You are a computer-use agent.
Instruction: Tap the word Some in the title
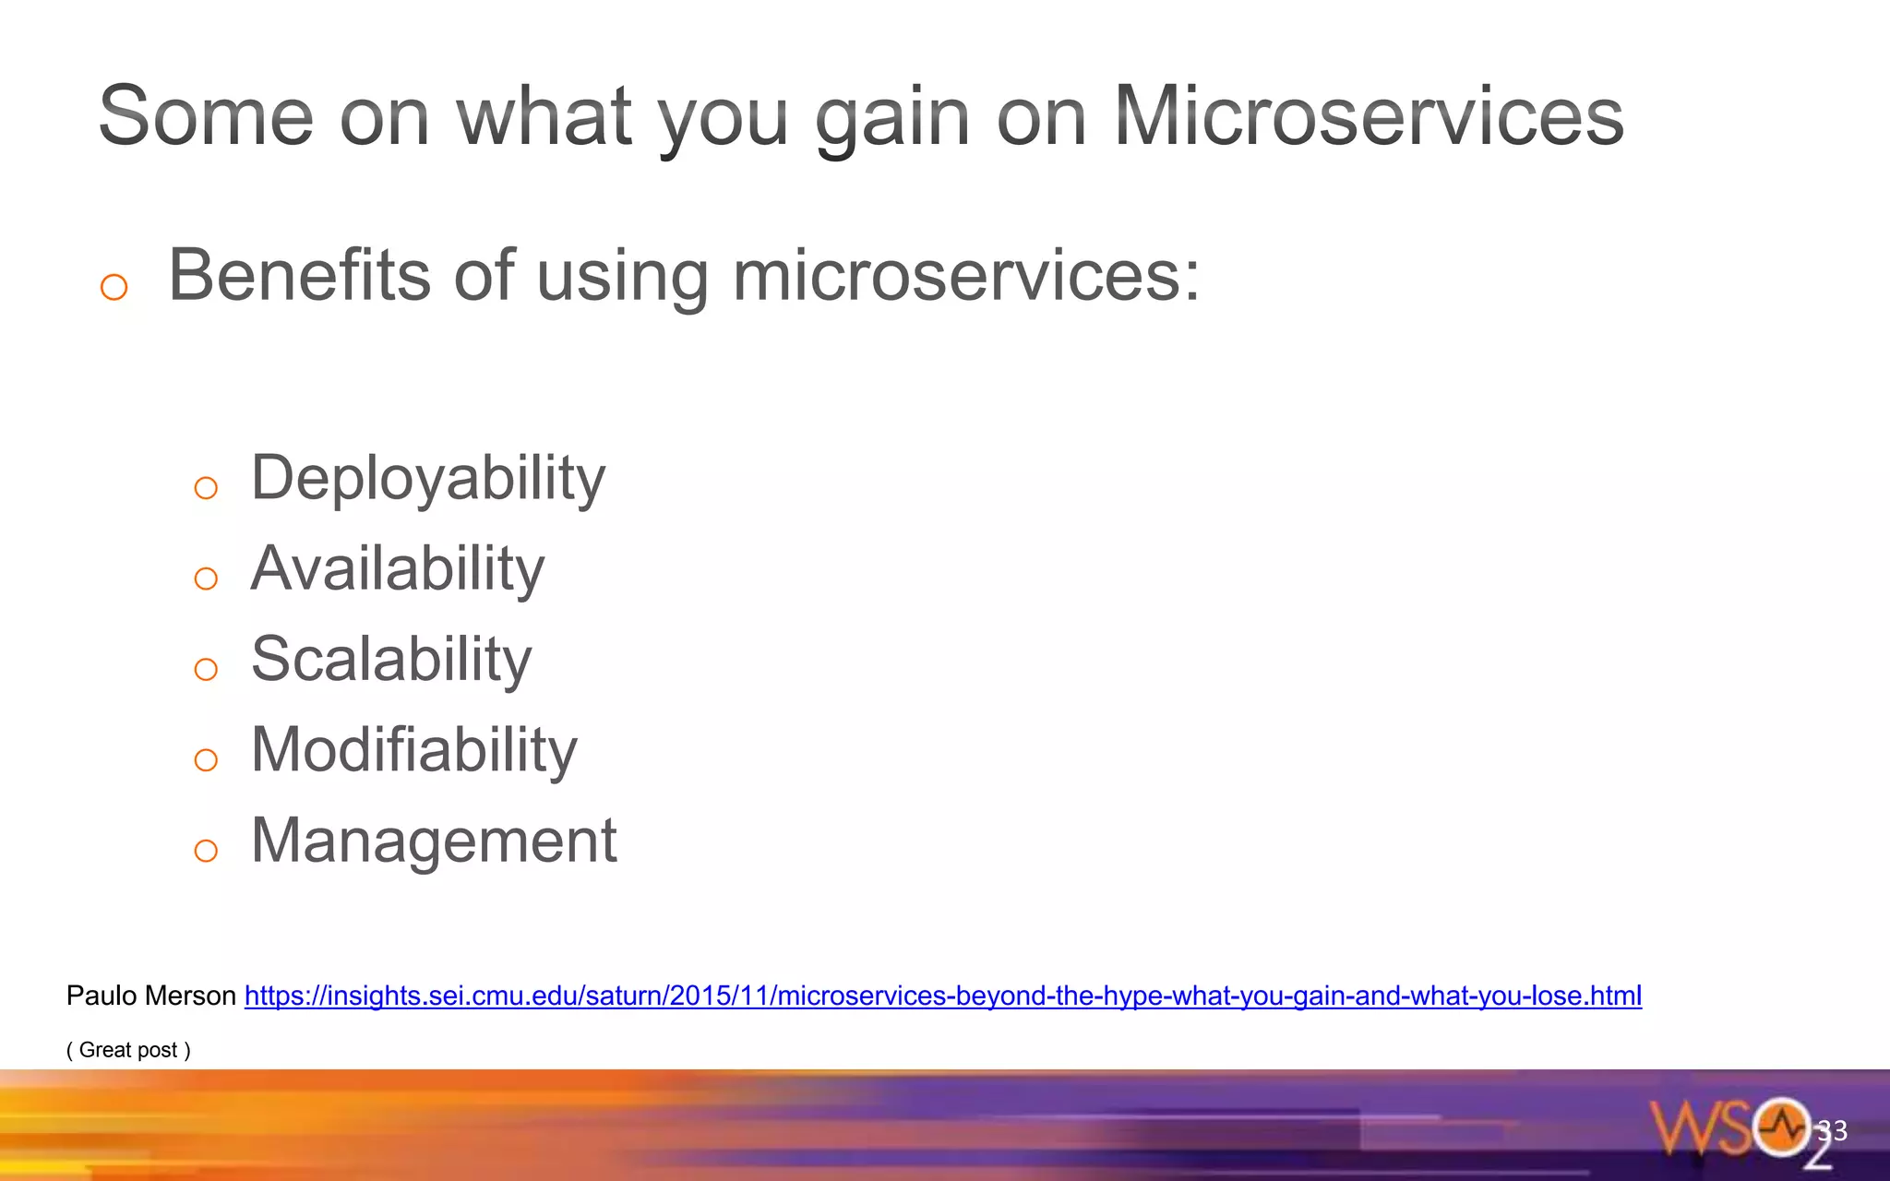point(206,116)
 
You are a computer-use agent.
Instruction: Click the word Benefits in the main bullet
point(299,275)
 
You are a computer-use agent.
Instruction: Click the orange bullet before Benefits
point(114,287)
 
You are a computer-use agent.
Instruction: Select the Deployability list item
point(428,478)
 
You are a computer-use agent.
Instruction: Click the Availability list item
point(398,568)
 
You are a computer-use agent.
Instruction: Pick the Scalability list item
point(391,659)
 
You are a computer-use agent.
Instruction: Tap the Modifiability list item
point(413,749)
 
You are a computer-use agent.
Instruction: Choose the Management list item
point(434,841)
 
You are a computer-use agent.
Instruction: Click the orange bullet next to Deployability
point(206,488)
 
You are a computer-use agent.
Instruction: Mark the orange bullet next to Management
point(206,851)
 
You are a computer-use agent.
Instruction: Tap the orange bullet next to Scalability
point(206,669)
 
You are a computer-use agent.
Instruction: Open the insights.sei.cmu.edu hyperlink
point(942,996)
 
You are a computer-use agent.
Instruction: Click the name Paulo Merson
point(151,996)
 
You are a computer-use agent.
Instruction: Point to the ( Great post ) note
point(128,1050)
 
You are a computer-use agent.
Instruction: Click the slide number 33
point(1832,1130)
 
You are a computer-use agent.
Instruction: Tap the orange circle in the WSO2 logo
point(1780,1127)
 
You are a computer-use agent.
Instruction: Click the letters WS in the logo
point(1700,1127)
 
